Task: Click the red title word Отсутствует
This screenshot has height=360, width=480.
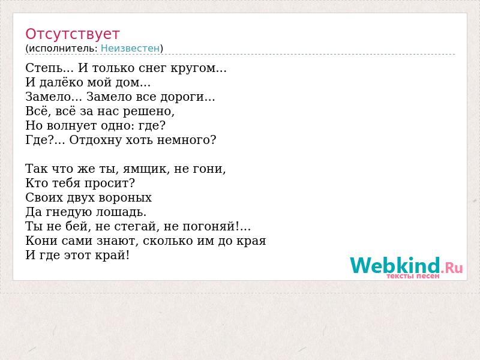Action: pos(72,34)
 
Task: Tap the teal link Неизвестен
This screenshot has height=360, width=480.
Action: pos(130,48)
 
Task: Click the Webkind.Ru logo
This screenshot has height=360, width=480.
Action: pos(406,265)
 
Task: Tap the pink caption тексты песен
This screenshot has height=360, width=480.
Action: pos(413,276)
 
